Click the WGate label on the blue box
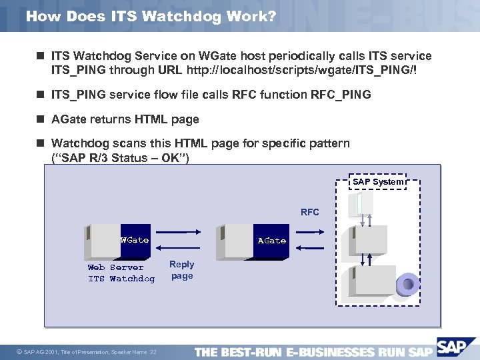pyautogui.click(x=134, y=240)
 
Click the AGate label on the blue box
pyautogui.click(x=271, y=241)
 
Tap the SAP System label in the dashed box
pyautogui.click(x=377, y=181)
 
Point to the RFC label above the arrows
pyautogui.click(x=309, y=213)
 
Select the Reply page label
pyautogui.click(x=181, y=270)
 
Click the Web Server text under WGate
pyautogui.click(x=115, y=267)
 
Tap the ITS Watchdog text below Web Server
pyautogui.click(x=121, y=279)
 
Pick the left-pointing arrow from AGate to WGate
pyautogui.click(x=185, y=247)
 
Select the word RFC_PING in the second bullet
pyautogui.click(x=341, y=95)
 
